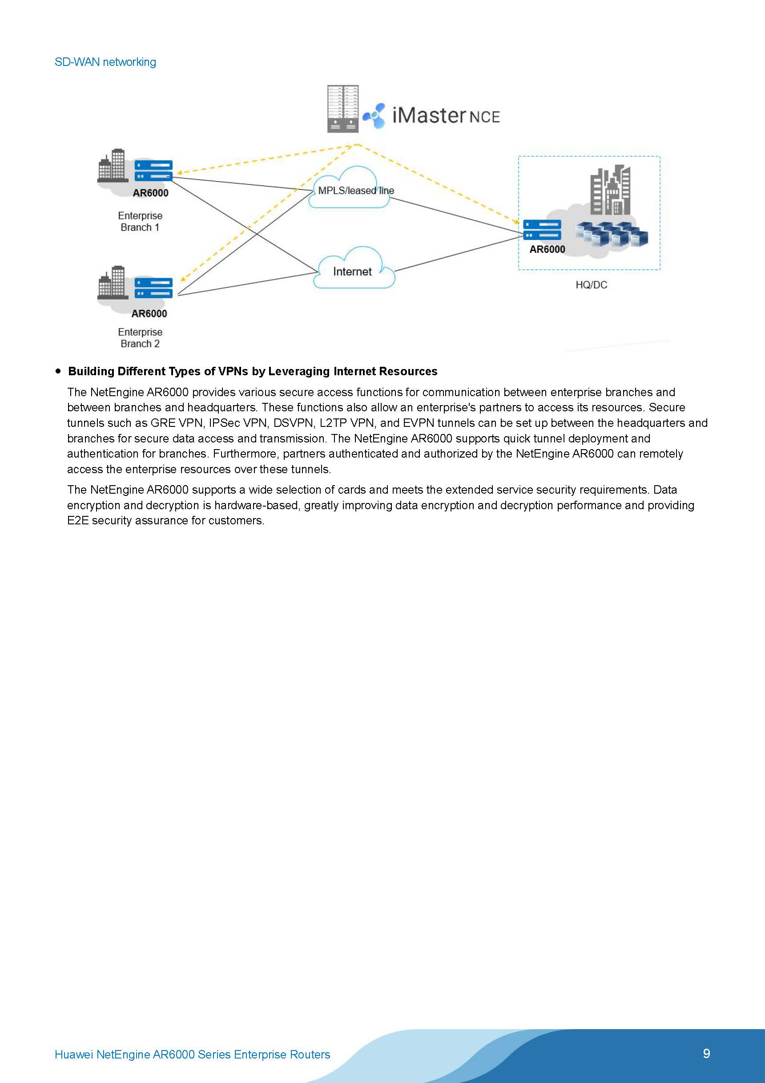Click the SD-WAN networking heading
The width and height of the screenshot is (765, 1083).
pyautogui.click(x=105, y=62)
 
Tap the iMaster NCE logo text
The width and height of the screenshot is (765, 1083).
pyautogui.click(x=445, y=116)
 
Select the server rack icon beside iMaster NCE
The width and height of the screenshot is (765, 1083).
pyautogui.click(x=342, y=109)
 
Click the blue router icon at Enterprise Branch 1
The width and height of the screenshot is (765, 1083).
pyautogui.click(x=153, y=171)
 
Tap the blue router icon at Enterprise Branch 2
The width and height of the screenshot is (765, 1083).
pyautogui.click(x=153, y=288)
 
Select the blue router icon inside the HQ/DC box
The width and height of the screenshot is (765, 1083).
pyautogui.click(x=542, y=230)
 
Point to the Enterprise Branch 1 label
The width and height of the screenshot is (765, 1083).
pyautogui.click(x=140, y=221)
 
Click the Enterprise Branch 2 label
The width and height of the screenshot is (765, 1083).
pyautogui.click(x=140, y=338)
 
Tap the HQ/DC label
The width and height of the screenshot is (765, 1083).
pyautogui.click(x=591, y=285)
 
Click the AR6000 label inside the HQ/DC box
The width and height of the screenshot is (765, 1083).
pyautogui.click(x=547, y=250)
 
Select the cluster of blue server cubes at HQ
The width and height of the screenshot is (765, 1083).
pyautogui.click(x=612, y=235)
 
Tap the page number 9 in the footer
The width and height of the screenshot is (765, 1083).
pyautogui.click(x=706, y=1053)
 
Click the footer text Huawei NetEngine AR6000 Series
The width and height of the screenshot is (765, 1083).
pyautogui.click(x=192, y=1054)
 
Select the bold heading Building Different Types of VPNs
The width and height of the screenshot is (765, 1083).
pyautogui.click(x=253, y=371)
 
